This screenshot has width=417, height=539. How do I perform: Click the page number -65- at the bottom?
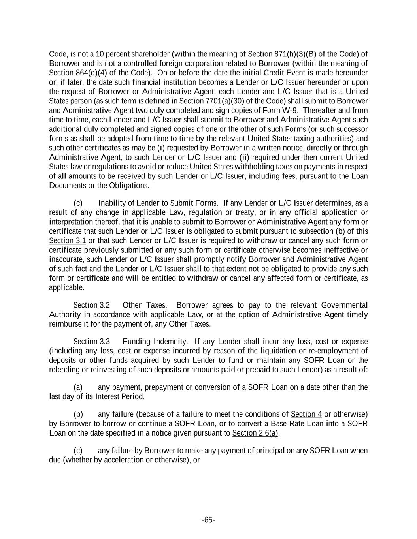tap(208, 520)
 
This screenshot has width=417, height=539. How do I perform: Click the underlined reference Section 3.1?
tap(67, 241)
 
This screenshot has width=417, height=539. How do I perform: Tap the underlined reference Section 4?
tap(306, 414)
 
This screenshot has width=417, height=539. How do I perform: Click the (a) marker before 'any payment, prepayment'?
tap(78, 387)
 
